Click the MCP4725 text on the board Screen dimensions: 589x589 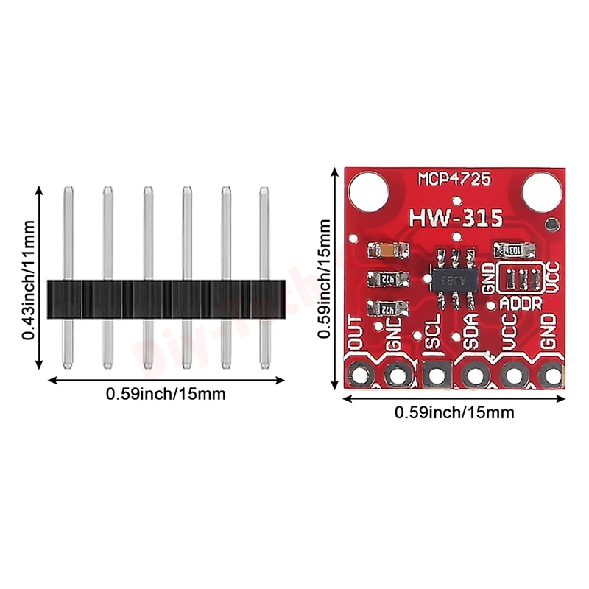point(456,179)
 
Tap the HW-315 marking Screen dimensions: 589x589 point(456,218)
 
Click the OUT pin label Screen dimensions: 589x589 point(356,332)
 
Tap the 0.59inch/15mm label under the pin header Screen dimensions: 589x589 point(166,394)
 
